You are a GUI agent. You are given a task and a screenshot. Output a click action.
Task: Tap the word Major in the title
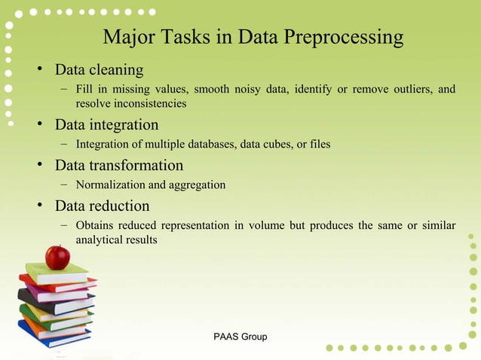[125, 37]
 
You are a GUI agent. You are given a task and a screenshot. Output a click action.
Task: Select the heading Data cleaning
[99, 70]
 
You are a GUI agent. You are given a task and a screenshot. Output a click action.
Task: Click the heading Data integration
[106, 124]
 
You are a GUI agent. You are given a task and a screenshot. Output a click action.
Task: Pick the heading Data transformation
[119, 165]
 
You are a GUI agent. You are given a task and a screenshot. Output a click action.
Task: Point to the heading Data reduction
[102, 206]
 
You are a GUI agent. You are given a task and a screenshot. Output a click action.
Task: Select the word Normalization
[110, 185]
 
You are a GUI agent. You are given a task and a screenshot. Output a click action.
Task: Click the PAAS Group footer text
[240, 337]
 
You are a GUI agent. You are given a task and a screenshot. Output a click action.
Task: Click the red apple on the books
[57, 258]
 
